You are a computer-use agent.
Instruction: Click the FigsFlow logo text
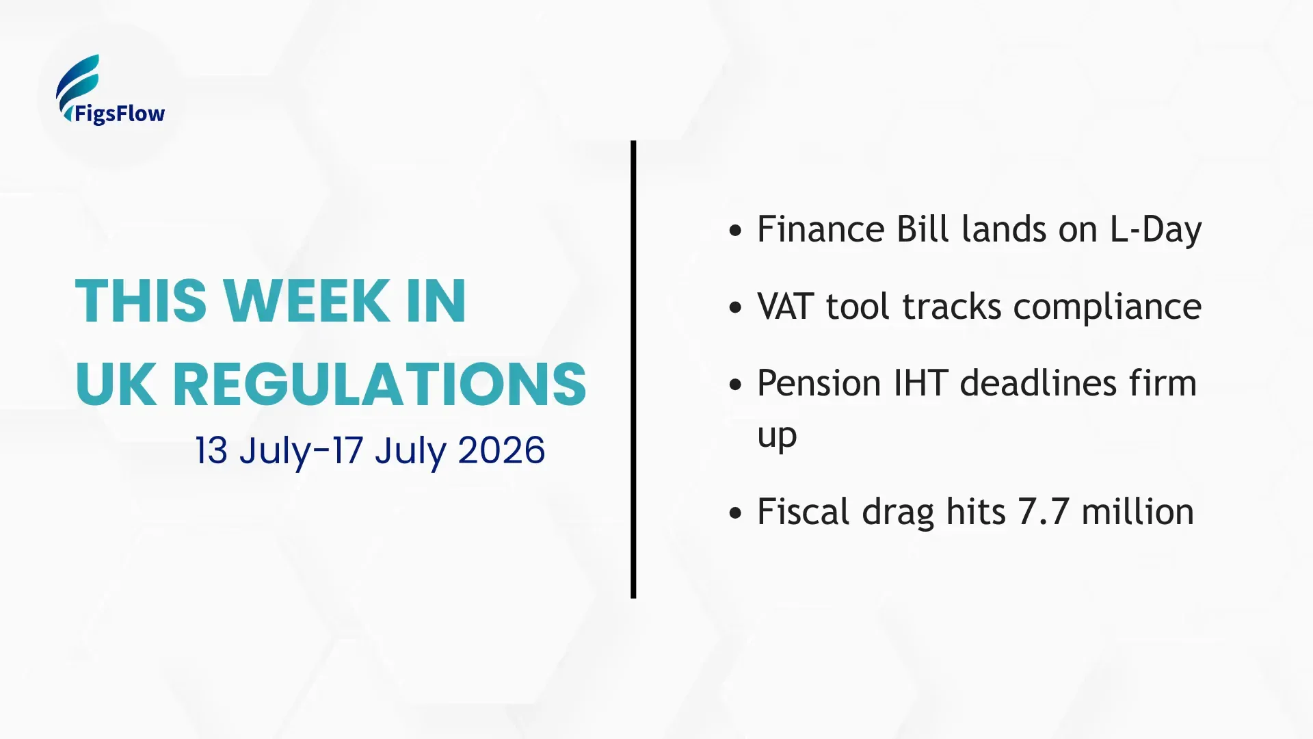(x=120, y=114)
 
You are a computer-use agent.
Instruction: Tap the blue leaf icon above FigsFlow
(x=78, y=86)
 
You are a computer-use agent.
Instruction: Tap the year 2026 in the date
(x=501, y=450)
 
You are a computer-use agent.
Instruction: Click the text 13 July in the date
(x=253, y=452)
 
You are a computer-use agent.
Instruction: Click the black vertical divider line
(x=633, y=369)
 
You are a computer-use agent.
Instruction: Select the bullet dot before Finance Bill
(x=735, y=231)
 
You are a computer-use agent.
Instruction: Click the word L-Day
(x=1155, y=229)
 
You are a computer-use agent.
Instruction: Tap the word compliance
(x=1107, y=307)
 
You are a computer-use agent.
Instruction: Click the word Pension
(x=819, y=383)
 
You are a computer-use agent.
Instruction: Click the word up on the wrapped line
(x=777, y=437)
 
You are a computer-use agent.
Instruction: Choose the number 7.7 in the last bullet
(x=1044, y=512)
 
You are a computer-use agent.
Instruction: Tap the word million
(x=1138, y=511)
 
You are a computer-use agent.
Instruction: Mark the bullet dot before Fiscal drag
(x=735, y=513)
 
